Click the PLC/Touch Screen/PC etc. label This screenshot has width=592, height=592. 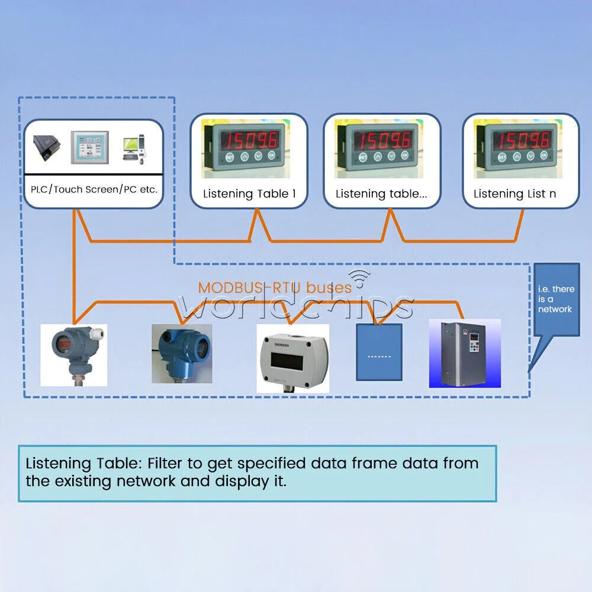click(x=94, y=189)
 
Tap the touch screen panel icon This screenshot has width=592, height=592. click(x=90, y=147)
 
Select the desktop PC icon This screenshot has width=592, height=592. click(x=134, y=149)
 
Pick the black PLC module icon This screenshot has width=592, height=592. click(x=46, y=148)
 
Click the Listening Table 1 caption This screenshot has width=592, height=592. click(x=250, y=194)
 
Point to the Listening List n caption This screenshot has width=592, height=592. click(x=514, y=194)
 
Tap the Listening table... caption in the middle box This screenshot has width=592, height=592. click(x=381, y=194)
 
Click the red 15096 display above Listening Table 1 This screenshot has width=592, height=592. click(x=250, y=140)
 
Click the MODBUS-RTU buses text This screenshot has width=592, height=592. click(x=275, y=288)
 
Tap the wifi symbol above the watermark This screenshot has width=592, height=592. click(x=359, y=278)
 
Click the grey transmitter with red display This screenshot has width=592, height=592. click(x=74, y=355)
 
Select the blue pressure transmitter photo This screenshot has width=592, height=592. click(x=182, y=354)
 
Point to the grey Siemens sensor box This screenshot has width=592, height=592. click(x=293, y=359)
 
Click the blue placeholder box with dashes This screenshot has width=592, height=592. click(x=379, y=352)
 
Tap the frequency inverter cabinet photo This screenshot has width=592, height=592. click(x=465, y=353)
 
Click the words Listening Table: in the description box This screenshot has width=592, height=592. click(x=83, y=464)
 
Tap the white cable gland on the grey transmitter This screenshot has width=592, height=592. click(x=97, y=333)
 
